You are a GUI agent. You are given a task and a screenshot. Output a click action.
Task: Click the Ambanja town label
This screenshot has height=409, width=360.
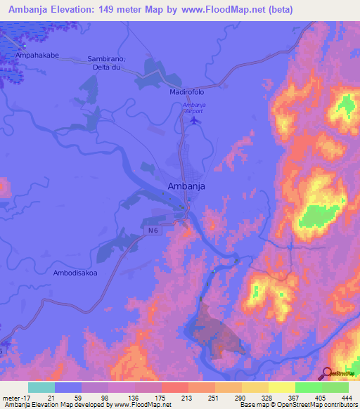click(186, 186)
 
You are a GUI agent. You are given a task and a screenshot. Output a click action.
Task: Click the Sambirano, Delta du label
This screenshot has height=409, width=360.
click(105, 63)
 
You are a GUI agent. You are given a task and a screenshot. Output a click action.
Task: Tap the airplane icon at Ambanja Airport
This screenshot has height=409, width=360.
click(194, 121)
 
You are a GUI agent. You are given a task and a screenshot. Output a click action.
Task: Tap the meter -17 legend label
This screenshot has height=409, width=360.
click(14, 397)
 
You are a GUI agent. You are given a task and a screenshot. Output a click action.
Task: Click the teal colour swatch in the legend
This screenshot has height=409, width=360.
click(41, 387)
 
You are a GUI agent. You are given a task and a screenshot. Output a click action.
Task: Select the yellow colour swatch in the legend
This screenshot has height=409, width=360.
click(281, 387)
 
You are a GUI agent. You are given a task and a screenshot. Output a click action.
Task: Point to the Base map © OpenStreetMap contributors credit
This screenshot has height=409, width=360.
click(298, 405)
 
